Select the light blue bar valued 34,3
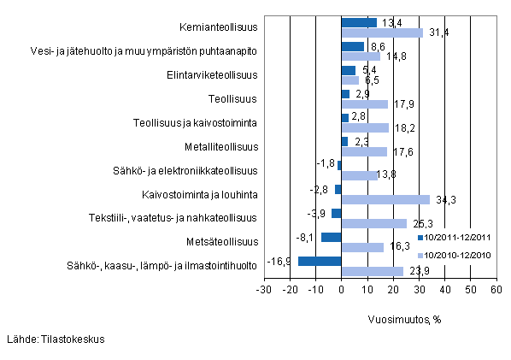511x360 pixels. [x=385, y=199]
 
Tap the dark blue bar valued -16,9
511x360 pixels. [x=320, y=261]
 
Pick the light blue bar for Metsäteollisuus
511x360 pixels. [x=362, y=247]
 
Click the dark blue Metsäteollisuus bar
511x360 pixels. [x=331, y=237]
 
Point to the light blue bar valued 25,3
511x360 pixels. [x=373, y=223]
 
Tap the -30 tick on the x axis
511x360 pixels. [x=264, y=291]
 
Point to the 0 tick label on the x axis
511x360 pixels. [x=341, y=291]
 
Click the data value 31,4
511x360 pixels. [x=436, y=32]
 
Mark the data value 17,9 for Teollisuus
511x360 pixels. [x=401, y=104]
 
